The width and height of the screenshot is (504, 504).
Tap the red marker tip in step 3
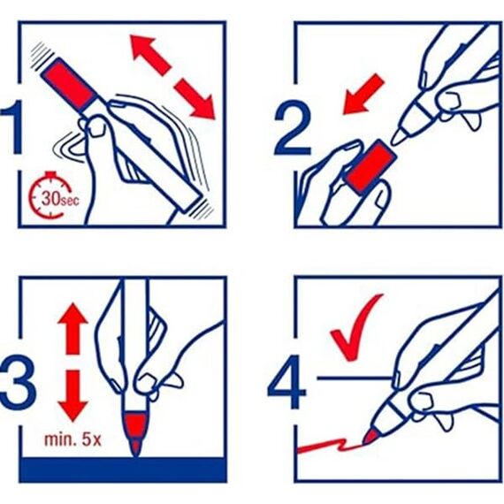(x=134, y=433)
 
